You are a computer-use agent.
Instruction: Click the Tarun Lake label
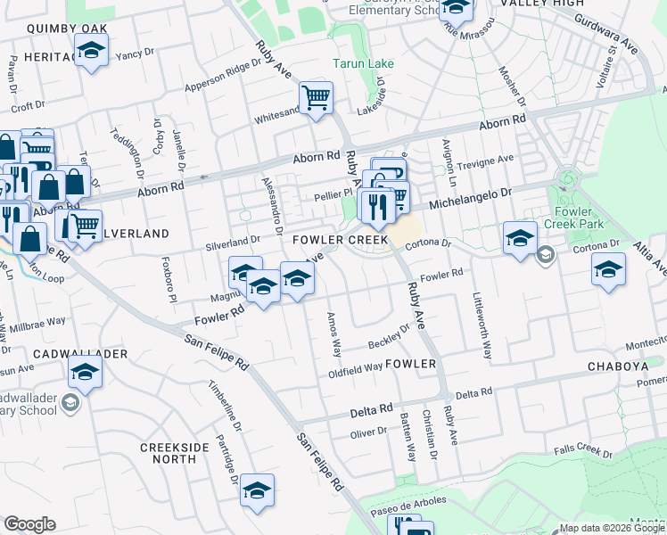(x=357, y=64)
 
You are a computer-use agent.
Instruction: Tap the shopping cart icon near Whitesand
(x=316, y=97)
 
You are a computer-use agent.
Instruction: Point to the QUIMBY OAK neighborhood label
(x=67, y=29)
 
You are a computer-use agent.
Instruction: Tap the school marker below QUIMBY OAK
(x=90, y=53)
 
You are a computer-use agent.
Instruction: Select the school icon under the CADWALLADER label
(x=85, y=373)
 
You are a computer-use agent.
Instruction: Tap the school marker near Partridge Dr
(x=257, y=490)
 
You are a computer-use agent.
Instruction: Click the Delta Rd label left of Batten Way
(x=371, y=409)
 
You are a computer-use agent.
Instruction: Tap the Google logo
(x=30, y=524)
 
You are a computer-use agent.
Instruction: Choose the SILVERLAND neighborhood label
(x=134, y=233)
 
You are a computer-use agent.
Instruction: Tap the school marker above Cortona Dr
(x=519, y=237)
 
